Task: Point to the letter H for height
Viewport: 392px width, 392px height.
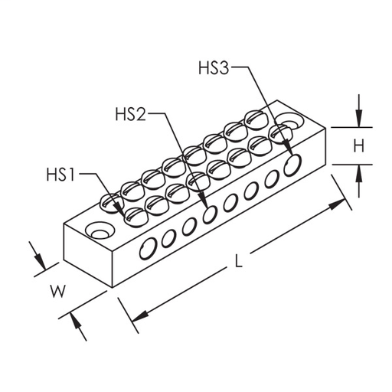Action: pos(357,145)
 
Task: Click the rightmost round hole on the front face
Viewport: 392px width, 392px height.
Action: pos(291,165)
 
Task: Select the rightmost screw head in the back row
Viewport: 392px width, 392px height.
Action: pos(255,119)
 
